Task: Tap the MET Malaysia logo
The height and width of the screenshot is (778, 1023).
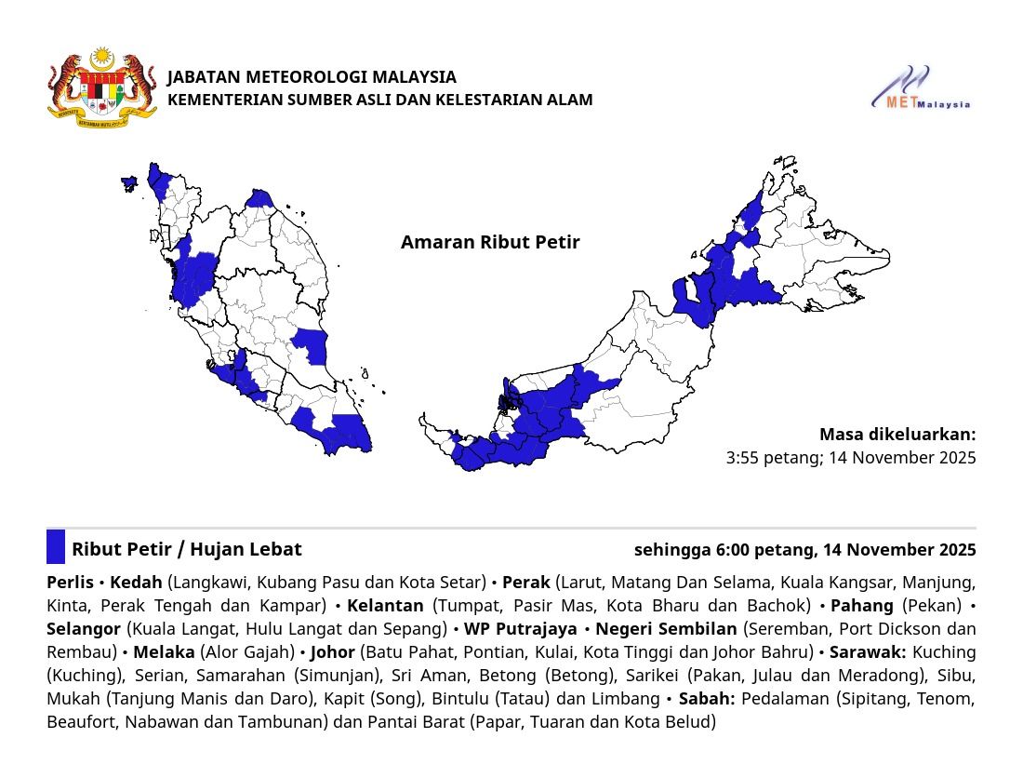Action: [920, 88]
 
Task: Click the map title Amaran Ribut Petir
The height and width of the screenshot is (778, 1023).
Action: [490, 243]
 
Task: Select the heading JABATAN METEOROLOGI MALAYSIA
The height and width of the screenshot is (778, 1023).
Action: [312, 76]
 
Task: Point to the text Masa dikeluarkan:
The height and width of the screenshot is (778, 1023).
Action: [897, 435]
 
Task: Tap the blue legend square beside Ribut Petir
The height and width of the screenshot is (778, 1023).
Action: [56, 547]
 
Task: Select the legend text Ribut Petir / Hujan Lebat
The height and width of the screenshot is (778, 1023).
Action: [186, 550]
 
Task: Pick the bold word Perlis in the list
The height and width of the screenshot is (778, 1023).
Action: [70, 583]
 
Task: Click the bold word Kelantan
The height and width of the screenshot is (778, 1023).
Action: [384, 606]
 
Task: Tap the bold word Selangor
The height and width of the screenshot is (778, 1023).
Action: [84, 629]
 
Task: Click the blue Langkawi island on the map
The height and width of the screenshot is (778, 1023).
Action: [129, 181]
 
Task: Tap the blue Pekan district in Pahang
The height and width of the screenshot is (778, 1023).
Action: [312, 344]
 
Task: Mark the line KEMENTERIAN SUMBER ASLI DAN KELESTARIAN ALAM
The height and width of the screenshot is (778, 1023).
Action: [379, 100]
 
